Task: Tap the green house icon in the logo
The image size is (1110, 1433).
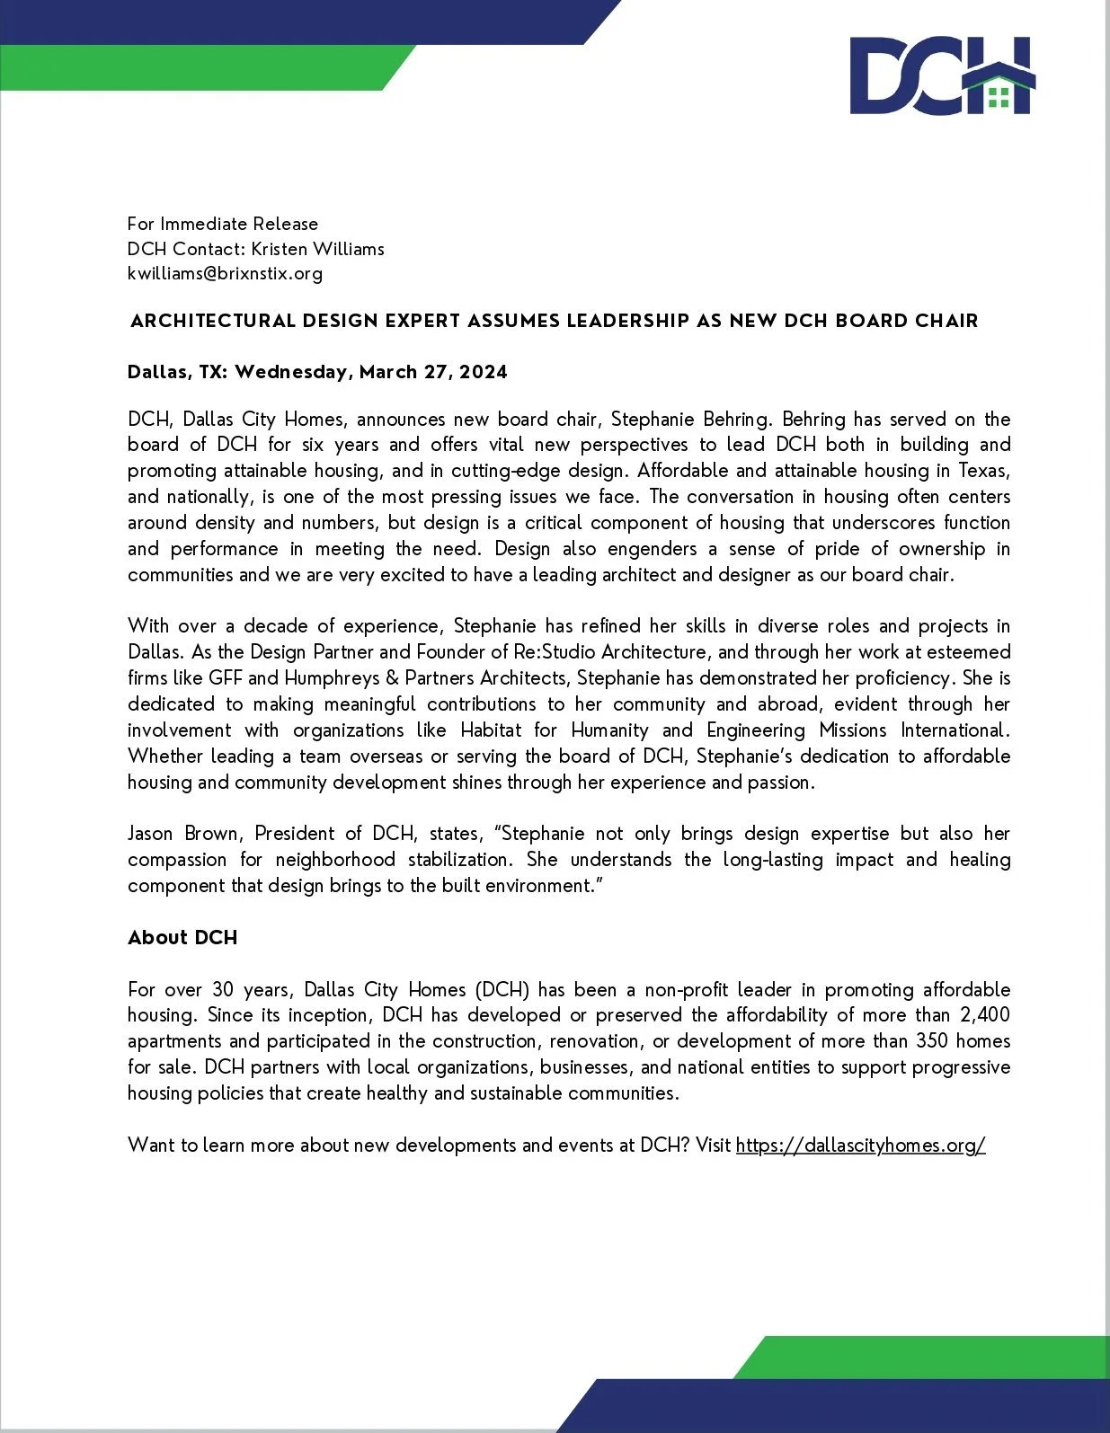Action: click(x=999, y=89)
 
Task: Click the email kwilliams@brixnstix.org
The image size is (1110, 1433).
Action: click(x=225, y=273)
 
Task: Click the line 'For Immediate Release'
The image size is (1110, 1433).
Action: click(x=223, y=224)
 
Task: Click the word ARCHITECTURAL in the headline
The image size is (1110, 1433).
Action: click(x=213, y=321)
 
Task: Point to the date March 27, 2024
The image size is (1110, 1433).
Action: click(x=433, y=372)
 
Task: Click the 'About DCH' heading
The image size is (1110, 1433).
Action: click(x=182, y=937)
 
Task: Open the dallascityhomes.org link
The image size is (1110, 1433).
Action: click(x=860, y=1145)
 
